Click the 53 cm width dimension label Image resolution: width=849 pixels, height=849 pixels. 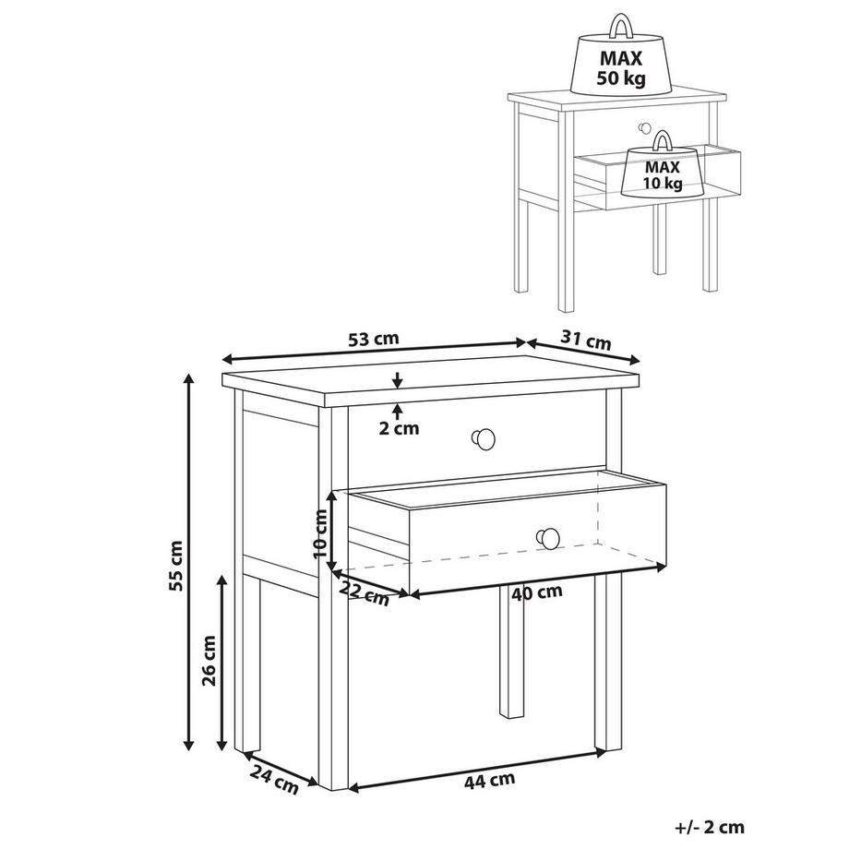click(x=374, y=339)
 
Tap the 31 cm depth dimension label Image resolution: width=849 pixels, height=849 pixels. click(x=588, y=341)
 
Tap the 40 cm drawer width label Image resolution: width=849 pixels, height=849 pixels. click(x=537, y=592)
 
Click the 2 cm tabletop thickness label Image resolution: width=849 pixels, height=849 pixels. click(x=399, y=427)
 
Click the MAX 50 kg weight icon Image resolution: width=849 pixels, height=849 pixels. click(x=620, y=63)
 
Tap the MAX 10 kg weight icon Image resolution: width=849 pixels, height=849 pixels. click(x=662, y=172)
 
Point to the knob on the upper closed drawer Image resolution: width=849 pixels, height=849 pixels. click(x=483, y=439)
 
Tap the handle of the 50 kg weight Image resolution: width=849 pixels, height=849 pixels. click(x=619, y=23)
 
